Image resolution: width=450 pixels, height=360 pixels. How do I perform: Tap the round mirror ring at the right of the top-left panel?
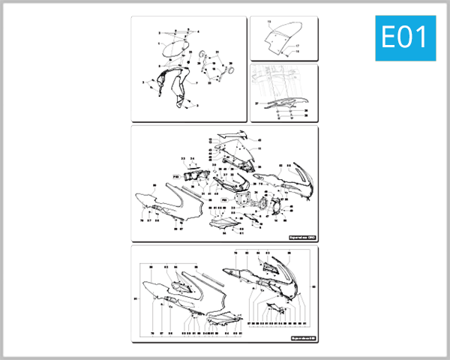click(230, 70)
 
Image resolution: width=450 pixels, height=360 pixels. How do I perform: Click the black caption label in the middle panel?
click(302, 237)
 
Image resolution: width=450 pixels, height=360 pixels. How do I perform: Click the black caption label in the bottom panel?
click(302, 338)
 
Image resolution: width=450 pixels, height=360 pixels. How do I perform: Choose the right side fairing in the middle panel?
click(289, 180)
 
